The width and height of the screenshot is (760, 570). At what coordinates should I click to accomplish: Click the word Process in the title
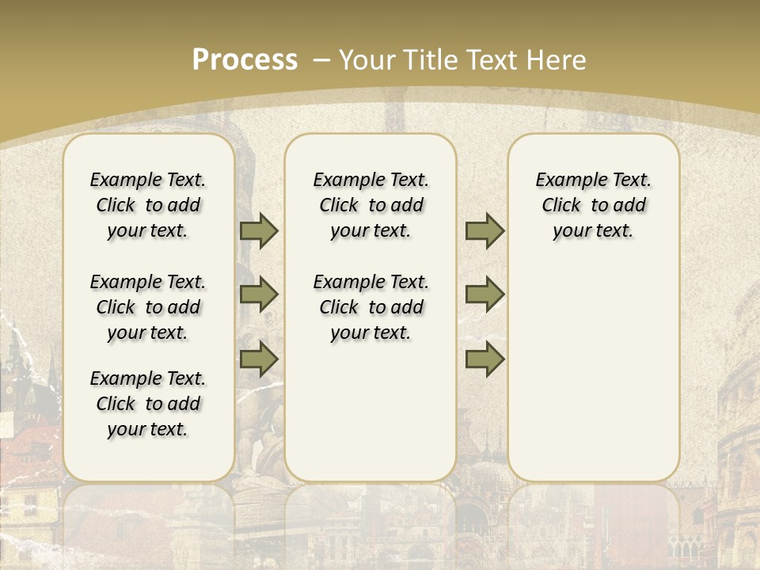pyautogui.click(x=245, y=59)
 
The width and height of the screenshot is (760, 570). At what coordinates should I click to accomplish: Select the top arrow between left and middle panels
pyautogui.click(x=259, y=230)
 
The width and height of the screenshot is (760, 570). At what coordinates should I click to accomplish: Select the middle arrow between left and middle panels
pyautogui.click(x=259, y=294)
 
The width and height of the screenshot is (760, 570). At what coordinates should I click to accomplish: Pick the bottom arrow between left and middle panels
pyautogui.click(x=259, y=359)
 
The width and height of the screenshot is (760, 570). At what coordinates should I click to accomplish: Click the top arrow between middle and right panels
pyautogui.click(x=484, y=230)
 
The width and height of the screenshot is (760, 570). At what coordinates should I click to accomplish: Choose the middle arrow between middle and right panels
pyautogui.click(x=484, y=294)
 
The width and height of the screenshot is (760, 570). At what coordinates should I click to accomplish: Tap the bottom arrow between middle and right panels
pyautogui.click(x=484, y=359)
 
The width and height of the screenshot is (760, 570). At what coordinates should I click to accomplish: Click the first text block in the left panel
pyautogui.click(x=148, y=205)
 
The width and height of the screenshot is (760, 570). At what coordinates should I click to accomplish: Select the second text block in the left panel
pyautogui.click(x=148, y=307)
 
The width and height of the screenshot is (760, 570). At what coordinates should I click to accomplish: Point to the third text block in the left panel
pyautogui.click(x=148, y=404)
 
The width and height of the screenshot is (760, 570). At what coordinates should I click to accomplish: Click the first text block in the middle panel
pyautogui.click(x=370, y=205)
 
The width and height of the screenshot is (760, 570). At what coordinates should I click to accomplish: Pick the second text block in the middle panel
pyautogui.click(x=370, y=307)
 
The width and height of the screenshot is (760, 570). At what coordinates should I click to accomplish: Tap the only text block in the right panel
pyautogui.click(x=593, y=205)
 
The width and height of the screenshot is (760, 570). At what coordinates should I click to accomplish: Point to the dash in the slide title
pyautogui.click(x=321, y=59)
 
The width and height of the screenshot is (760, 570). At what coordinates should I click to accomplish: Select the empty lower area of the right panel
pyautogui.click(x=593, y=364)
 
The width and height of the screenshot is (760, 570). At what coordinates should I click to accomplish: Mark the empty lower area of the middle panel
pyautogui.click(x=370, y=412)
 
